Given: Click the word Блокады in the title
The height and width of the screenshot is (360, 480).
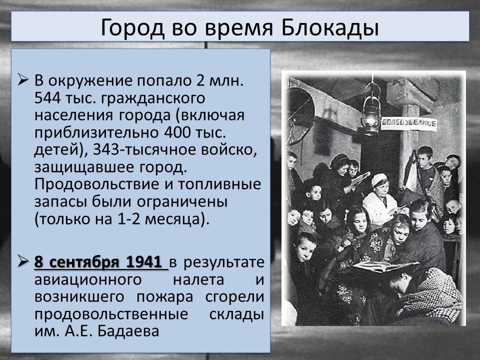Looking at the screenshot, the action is [329, 27].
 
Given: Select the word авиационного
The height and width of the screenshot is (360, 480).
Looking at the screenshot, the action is [88, 280].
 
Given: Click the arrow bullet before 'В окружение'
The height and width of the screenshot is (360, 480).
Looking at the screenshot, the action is [23, 79].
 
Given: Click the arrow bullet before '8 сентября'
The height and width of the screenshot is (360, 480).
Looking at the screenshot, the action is [23, 261].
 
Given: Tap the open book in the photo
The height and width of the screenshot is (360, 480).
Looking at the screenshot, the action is [385, 266].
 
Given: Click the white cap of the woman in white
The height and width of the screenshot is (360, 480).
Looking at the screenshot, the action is [379, 179].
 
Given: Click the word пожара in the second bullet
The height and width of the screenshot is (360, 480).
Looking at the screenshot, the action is [164, 297].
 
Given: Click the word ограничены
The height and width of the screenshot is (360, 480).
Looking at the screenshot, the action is [182, 202].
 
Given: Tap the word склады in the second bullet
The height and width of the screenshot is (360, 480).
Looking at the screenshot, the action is [236, 314].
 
